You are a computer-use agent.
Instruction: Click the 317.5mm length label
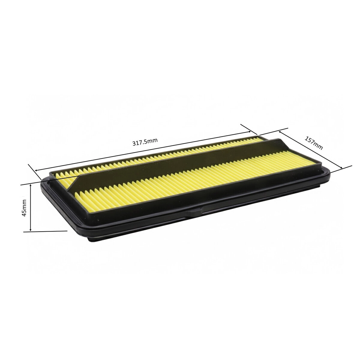(145, 142)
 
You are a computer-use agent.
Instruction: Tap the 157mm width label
(314, 143)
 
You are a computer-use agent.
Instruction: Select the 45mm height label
(24, 208)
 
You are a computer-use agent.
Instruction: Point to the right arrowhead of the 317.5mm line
(249, 132)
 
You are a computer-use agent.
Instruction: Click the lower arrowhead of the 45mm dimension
(31, 230)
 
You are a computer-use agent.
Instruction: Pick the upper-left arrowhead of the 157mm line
(280, 132)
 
